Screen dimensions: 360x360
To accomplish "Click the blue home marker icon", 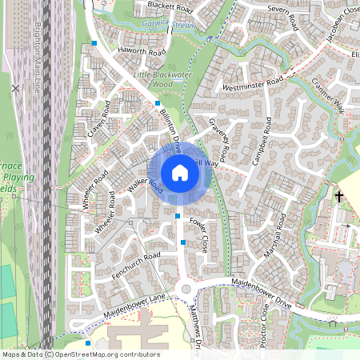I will point(180,173).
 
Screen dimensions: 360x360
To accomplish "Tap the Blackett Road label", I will point(170,7).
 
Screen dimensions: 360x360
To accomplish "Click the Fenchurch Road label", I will point(136,264).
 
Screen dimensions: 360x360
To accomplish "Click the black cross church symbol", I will point(338,195).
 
